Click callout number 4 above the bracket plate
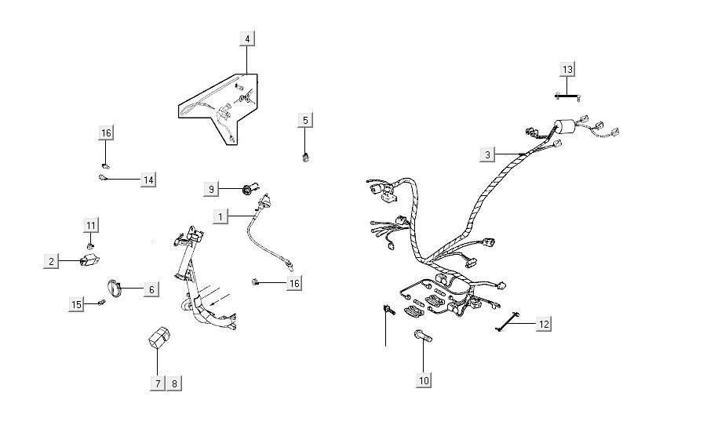coord(247,38)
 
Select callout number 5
coord(306,120)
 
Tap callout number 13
coord(567,70)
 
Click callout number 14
coord(148,180)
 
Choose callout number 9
coord(210,189)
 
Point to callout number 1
coord(220,215)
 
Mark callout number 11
coord(91,226)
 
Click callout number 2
coord(52,261)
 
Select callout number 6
coord(151,289)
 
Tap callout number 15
coord(76,304)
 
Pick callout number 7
coord(157,383)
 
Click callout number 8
coord(174,383)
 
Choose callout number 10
coord(424,381)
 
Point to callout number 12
coord(544,323)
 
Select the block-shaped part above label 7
coord(155,338)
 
